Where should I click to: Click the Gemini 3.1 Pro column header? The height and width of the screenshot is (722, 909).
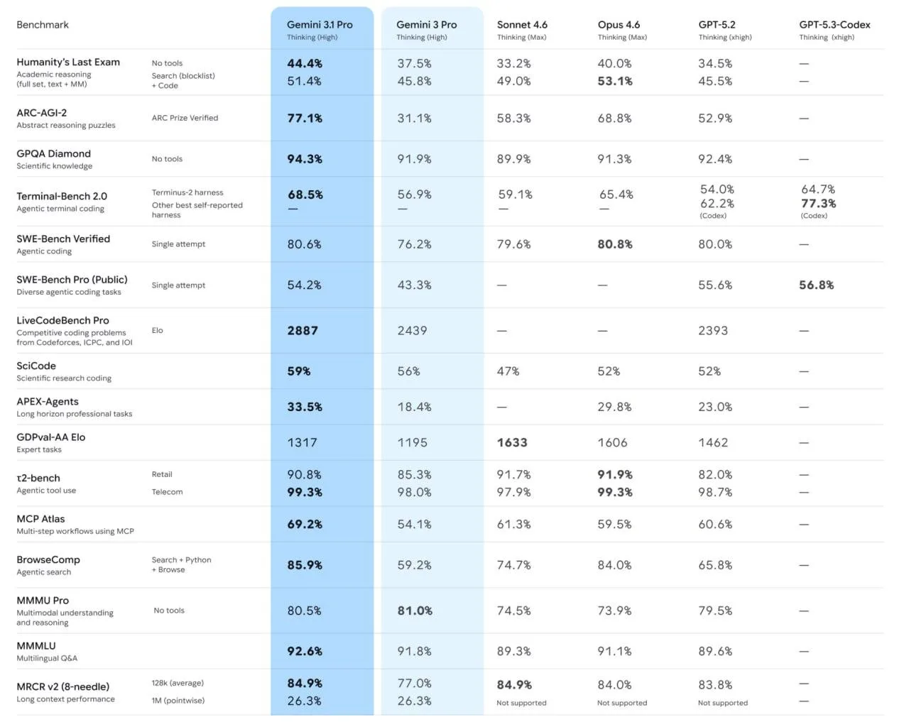[x=320, y=25]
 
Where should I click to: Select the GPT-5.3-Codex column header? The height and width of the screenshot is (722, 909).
[x=834, y=25]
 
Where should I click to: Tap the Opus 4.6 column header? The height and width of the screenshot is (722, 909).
[x=619, y=25]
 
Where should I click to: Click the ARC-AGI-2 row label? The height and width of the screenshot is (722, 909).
[x=42, y=113]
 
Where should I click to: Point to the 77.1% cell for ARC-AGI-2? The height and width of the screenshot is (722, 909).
[x=305, y=119]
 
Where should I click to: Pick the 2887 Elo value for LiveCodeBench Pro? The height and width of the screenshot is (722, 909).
[x=303, y=331]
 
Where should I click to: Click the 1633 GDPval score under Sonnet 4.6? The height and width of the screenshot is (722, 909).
[x=512, y=443]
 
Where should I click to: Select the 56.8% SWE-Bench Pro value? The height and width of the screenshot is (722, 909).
[x=817, y=285]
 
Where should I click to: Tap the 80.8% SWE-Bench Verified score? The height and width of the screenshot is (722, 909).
[x=615, y=244]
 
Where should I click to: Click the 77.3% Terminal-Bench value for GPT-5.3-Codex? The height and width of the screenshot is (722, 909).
[x=818, y=204]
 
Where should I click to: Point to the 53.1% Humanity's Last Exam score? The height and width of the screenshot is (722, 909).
[x=615, y=82]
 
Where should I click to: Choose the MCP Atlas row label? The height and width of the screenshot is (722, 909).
[x=40, y=519]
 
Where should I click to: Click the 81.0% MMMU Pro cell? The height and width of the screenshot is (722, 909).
[x=415, y=611]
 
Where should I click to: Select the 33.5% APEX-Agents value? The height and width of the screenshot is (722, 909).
[x=305, y=408]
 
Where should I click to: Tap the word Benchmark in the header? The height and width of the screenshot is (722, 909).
[x=43, y=25]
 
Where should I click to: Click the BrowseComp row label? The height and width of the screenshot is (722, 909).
[x=48, y=560]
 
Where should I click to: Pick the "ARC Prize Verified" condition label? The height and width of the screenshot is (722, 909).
[x=185, y=118]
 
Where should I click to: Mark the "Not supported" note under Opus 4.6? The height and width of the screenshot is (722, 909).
[x=622, y=703]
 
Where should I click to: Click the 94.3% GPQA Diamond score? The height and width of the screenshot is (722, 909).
[x=305, y=159]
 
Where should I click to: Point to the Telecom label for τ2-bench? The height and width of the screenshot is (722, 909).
[x=167, y=492]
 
